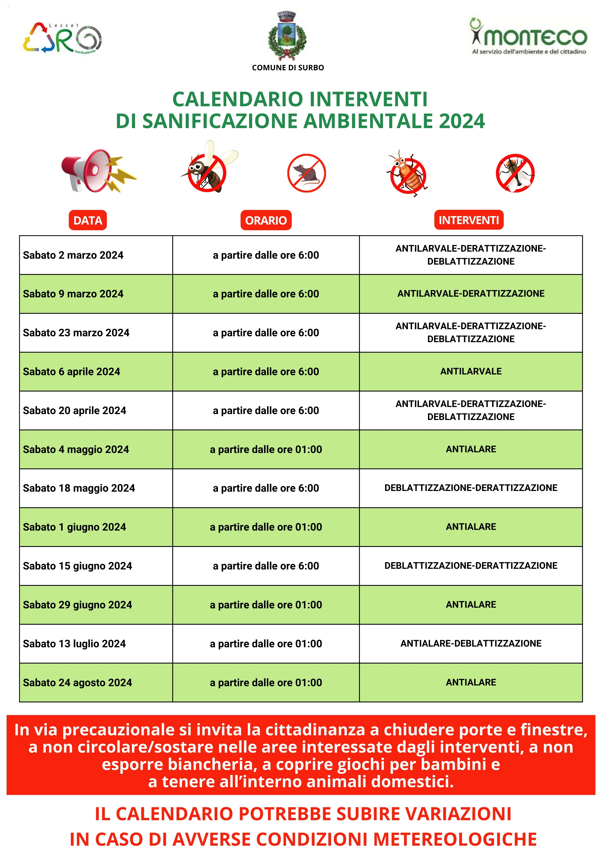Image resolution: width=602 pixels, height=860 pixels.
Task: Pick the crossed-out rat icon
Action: pyautogui.click(x=306, y=173)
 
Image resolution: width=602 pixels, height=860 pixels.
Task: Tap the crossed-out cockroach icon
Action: pyautogui.click(x=407, y=174)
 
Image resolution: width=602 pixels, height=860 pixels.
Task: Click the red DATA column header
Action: pyautogui.click(x=88, y=220)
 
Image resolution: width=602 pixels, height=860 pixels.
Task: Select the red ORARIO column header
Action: pyautogui.click(x=266, y=220)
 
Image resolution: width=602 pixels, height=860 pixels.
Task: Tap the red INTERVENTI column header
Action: pyautogui.click(x=469, y=220)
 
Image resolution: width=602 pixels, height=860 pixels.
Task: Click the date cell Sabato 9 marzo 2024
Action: pyautogui.click(x=73, y=294)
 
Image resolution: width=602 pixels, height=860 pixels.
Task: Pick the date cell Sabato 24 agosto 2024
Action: pyautogui.click(x=78, y=683)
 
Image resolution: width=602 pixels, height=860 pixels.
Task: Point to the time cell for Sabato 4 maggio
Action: pyautogui.click(x=266, y=450)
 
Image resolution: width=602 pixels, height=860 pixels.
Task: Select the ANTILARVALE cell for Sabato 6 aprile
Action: pyautogui.click(x=471, y=372)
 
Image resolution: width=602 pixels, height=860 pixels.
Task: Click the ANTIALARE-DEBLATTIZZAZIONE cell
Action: pyautogui.click(x=471, y=643)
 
